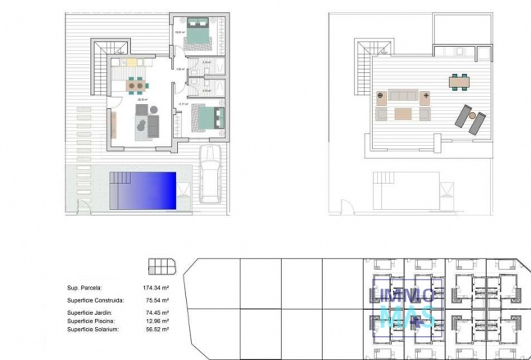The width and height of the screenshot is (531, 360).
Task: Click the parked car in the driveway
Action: [x=211, y=175]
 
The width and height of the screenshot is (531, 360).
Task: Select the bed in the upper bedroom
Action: [x=198, y=32]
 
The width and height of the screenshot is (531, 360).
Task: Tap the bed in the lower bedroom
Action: [x=208, y=119]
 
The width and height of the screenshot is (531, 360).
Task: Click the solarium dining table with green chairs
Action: [x=459, y=81]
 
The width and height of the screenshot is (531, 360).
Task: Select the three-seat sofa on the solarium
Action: [x=402, y=96]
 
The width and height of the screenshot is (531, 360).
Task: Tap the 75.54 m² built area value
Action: [x=156, y=301]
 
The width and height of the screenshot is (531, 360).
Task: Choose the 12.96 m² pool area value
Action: [x=156, y=321]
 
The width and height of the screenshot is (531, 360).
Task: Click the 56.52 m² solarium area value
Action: [x=156, y=329]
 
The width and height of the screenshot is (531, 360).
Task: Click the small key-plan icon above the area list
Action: [x=161, y=266]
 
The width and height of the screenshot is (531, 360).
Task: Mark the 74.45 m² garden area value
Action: [x=156, y=312]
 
